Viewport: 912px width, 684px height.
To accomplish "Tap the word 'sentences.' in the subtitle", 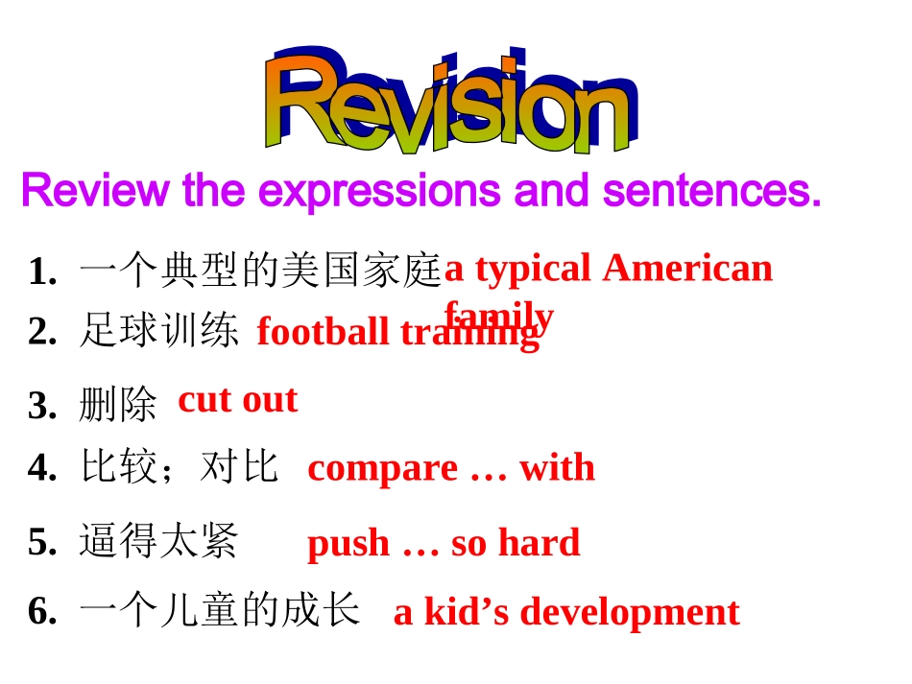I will coord(711,191).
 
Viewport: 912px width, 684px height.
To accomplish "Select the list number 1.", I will coord(41,272).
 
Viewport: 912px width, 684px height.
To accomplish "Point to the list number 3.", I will coord(41,406).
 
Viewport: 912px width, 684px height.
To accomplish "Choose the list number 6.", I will coord(41,611).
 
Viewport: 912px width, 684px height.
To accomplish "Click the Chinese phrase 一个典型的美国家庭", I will coord(259,271).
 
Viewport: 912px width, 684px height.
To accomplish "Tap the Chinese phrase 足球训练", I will coord(158,331).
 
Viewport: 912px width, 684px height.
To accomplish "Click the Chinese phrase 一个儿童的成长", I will coord(219,610).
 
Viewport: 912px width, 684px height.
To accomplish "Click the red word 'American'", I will coord(687,269).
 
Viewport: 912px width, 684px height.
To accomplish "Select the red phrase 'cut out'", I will coord(238,399).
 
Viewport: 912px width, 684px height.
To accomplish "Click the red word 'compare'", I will coord(382,468).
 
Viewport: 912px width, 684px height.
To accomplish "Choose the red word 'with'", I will coord(557,467).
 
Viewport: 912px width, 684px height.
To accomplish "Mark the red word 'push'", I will coord(348,544).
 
